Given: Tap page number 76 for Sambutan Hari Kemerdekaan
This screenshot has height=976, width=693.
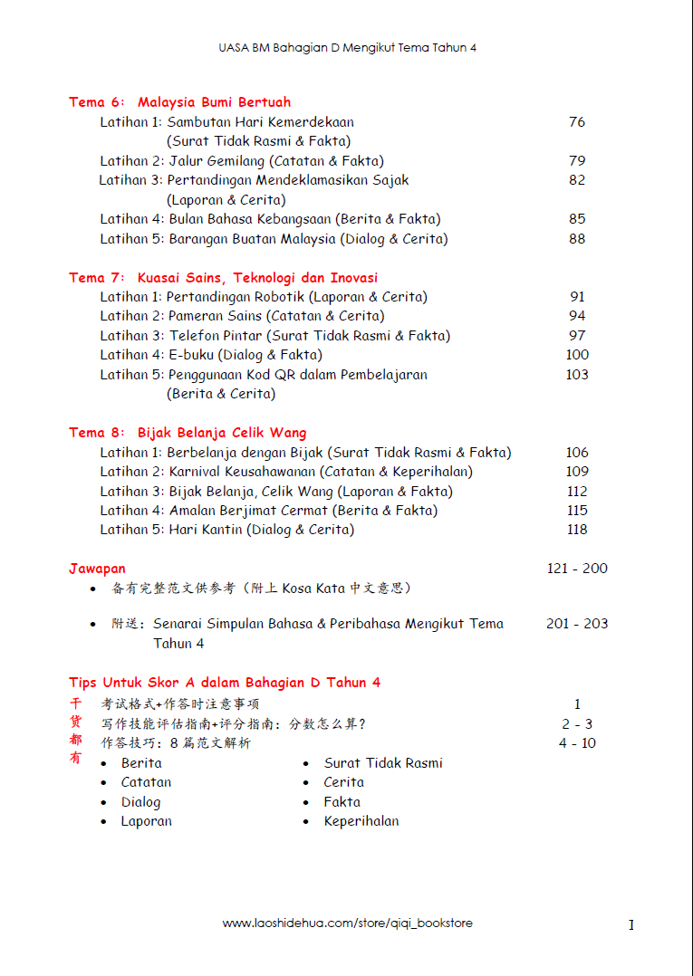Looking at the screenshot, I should click(577, 122).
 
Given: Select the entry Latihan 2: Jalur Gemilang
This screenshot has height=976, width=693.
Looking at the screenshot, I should click(241, 161).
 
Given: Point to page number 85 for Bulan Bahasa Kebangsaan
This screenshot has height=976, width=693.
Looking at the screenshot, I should click(577, 219).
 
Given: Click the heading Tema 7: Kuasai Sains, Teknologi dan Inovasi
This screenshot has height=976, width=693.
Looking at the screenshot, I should click(223, 278).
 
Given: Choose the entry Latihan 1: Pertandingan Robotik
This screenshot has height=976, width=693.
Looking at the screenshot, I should click(264, 297).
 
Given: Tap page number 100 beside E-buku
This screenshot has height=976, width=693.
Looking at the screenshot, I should click(577, 355).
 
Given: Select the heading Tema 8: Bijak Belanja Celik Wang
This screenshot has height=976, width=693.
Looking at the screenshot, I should click(188, 433).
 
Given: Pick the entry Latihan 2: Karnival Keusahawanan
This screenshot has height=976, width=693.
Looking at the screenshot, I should click(286, 472).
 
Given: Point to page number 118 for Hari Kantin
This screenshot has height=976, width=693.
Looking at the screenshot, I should click(577, 530).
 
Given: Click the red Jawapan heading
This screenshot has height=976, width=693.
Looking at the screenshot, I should click(97, 569).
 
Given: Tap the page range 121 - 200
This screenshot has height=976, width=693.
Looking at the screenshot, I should click(577, 569).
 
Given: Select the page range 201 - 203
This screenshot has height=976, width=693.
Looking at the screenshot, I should click(577, 624).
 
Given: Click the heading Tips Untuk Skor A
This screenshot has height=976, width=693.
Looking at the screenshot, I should click(225, 683).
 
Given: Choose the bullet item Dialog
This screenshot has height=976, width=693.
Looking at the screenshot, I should click(140, 802).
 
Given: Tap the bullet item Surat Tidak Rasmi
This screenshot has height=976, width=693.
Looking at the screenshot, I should click(383, 763).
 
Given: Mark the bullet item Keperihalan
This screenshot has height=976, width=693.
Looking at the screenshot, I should click(361, 822).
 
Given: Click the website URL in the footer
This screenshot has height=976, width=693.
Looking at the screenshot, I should click(347, 923).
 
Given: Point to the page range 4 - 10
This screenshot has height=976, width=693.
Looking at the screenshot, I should click(577, 743).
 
